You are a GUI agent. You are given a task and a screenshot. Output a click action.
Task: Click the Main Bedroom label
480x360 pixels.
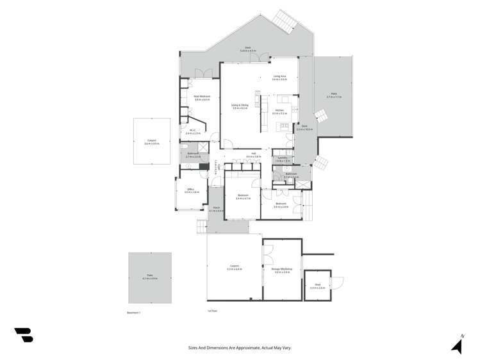pyautogui.click(x=203, y=96)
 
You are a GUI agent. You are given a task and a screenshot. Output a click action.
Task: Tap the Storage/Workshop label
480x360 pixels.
pyautogui.click(x=282, y=269)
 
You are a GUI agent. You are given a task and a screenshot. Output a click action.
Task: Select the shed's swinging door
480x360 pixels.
pyautogui.click(x=338, y=282)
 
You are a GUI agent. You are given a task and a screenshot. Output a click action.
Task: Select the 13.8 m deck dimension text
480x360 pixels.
pyautogui.click(x=248, y=50)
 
